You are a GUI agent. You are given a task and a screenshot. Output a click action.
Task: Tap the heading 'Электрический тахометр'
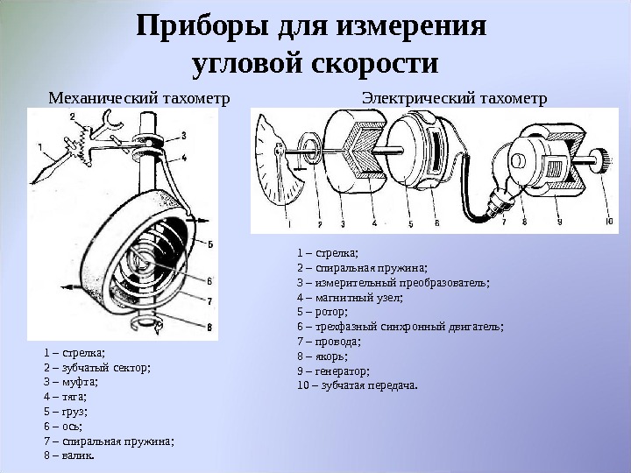[x=454, y=98]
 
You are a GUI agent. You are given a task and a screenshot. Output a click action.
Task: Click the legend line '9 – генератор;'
[x=334, y=371]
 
